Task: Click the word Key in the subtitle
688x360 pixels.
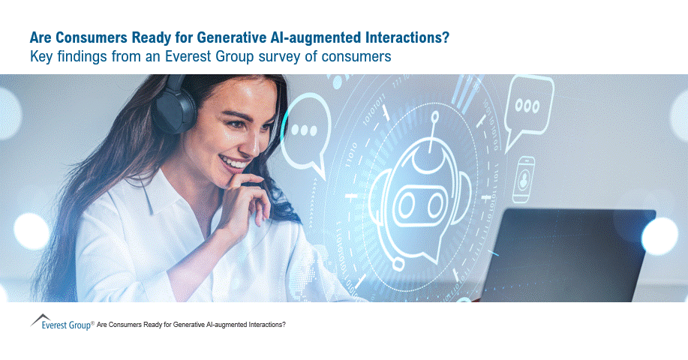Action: [x=41, y=57]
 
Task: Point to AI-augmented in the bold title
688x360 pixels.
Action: [x=329, y=37]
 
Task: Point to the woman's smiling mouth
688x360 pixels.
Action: [x=235, y=162]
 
